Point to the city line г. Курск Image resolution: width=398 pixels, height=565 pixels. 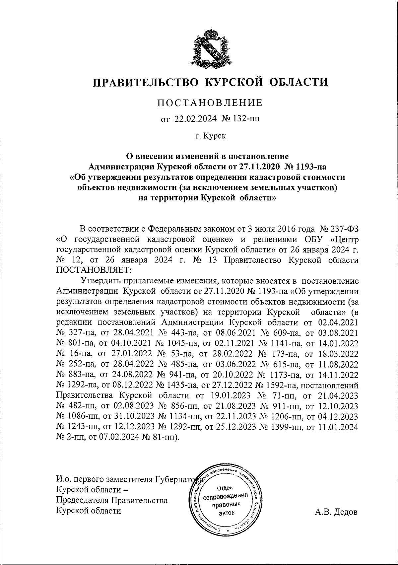click(x=210, y=136)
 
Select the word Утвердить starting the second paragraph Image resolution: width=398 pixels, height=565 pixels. click(x=101, y=281)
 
